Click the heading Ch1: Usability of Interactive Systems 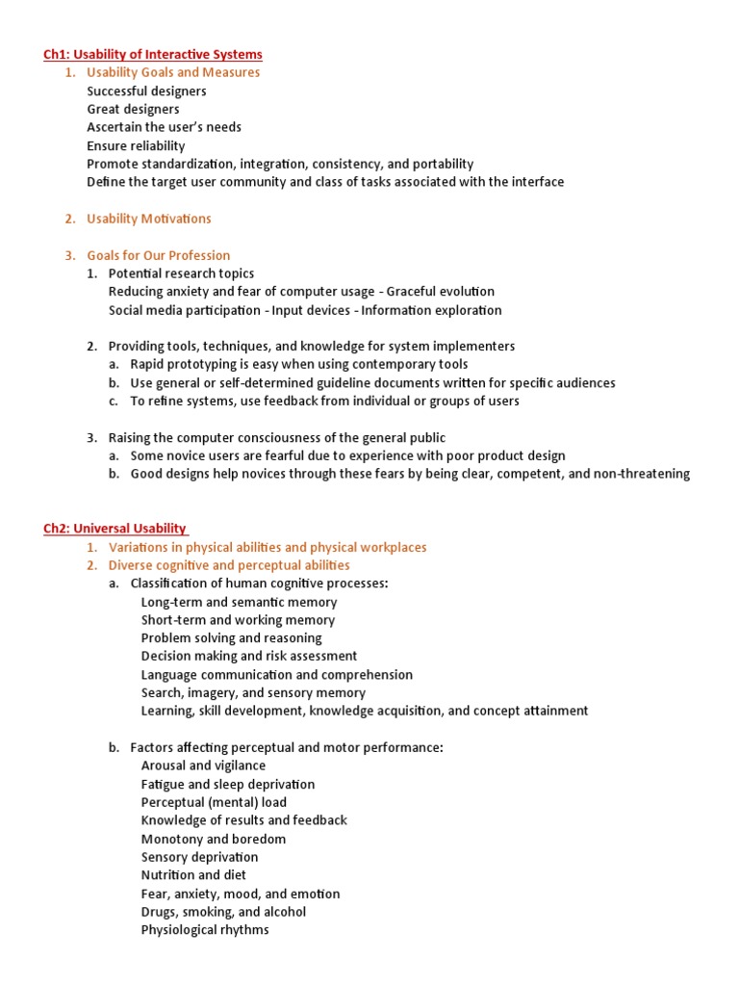pyautogui.click(x=153, y=54)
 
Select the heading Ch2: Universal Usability pyautogui.click(x=115, y=529)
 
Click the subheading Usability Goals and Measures pyautogui.click(x=173, y=72)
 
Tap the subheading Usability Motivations pyautogui.click(x=148, y=219)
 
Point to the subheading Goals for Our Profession pyautogui.click(x=158, y=255)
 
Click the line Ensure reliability pyautogui.click(x=136, y=145)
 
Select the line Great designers pyautogui.click(x=133, y=109)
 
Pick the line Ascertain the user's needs pyautogui.click(x=164, y=127)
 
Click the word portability pyautogui.click(x=440, y=164)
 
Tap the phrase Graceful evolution pyautogui.click(x=441, y=292)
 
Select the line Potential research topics pyautogui.click(x=181, y=273)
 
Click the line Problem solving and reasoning pyautogui.click(x=231, y=637)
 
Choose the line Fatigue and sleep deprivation pyautogui.click(x=227, y=784)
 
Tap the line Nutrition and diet pyautogui.click(x=193, y=875)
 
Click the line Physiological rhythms pyautogui.click(x=205, y=930)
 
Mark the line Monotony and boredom pyautogui.click(x=213, y=839)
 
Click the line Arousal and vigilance pyautogui.click(x=203, y=765)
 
